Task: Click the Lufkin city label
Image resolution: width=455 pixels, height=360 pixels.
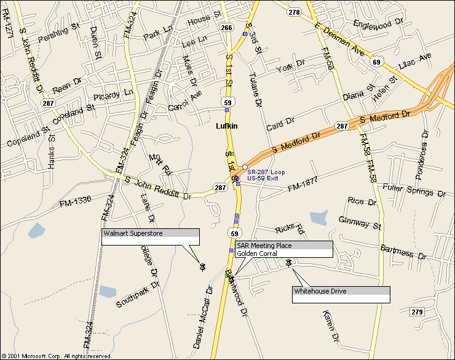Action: [x=226, y=126]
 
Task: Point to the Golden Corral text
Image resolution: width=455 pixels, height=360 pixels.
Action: [x=257, y=254]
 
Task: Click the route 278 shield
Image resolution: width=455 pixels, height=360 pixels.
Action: [x=294, y=12]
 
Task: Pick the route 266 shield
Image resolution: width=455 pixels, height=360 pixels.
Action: [x=226, y=28]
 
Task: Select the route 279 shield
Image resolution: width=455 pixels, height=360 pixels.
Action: [x=417, y=312]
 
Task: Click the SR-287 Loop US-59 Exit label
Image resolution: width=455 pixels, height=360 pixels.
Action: [x=266, y=174]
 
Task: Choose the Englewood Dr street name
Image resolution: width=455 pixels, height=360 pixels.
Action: [x=378, y=24]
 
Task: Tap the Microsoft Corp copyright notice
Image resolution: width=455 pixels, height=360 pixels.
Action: [x=57, y=356]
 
